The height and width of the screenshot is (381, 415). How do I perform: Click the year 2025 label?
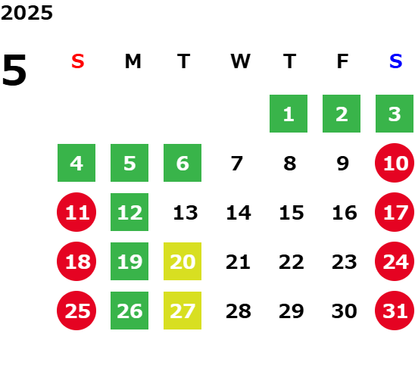[x=27, y=13]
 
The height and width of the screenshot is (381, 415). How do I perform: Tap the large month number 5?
[x=14, y=70]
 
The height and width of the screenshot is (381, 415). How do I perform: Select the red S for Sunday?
[x=78, y=61]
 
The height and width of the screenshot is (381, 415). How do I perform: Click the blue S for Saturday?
[x=395, y=61]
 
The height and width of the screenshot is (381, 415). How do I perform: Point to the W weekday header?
[x=240, y=61]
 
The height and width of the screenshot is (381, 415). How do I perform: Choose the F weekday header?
[x=342, y=61]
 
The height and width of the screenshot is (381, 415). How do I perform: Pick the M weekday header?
[x=133, y=61]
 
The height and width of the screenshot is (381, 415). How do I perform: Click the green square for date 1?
[x=289, y=114]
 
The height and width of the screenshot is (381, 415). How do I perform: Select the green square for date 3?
[x=395, y=114]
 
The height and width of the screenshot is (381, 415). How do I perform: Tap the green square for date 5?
[x=129, y=163]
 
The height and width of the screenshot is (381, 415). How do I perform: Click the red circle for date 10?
[x=395, y=163]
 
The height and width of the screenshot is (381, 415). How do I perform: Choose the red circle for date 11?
[x=76, y=212]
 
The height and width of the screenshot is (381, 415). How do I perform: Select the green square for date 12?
[x=129, y=212]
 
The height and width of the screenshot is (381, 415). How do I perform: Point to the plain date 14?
[x=239, y=213]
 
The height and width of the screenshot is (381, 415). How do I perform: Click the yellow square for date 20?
[x=183, y=261]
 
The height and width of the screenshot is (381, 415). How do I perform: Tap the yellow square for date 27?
[x=183, y=311]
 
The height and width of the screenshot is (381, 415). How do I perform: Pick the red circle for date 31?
[x=395, y=311]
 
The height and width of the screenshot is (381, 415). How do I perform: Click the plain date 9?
[x=343, y=164]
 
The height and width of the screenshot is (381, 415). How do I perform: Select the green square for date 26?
[x=129, y=311]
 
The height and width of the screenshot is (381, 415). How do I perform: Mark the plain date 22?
[x=292, y=262]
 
